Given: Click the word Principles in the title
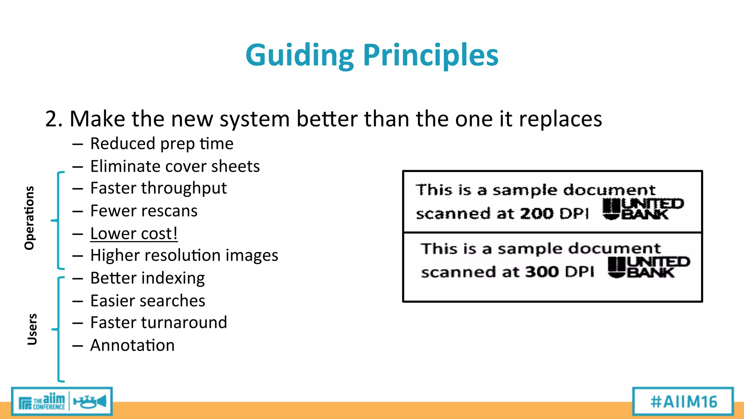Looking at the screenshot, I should point(430,55).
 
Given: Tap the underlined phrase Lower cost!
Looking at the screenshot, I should point(134,234).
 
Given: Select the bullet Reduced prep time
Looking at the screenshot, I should point(162,144).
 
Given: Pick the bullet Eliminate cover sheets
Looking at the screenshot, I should point(175,166).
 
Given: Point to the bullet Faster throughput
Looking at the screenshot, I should point(158,188).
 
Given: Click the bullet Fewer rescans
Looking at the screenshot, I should point(144,211).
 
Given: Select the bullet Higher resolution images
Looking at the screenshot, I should point(184,255).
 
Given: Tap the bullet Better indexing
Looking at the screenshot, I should point(147,278).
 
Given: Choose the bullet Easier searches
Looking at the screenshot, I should point(147,301).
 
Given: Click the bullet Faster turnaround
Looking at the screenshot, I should point(158,323).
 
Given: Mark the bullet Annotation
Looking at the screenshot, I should point(132,345).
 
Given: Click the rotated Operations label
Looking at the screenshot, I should point(29,218).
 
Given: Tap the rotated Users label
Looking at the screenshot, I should point(32,329).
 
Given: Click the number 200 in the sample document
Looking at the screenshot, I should point(537,214).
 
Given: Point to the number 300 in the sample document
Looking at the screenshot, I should point(542,272).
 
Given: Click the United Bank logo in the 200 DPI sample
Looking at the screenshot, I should point(643,209).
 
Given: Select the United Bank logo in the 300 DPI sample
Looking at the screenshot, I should point(648,267).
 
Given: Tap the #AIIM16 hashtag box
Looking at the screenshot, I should point(683,402).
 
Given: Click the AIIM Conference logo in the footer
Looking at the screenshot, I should point(62,402).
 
